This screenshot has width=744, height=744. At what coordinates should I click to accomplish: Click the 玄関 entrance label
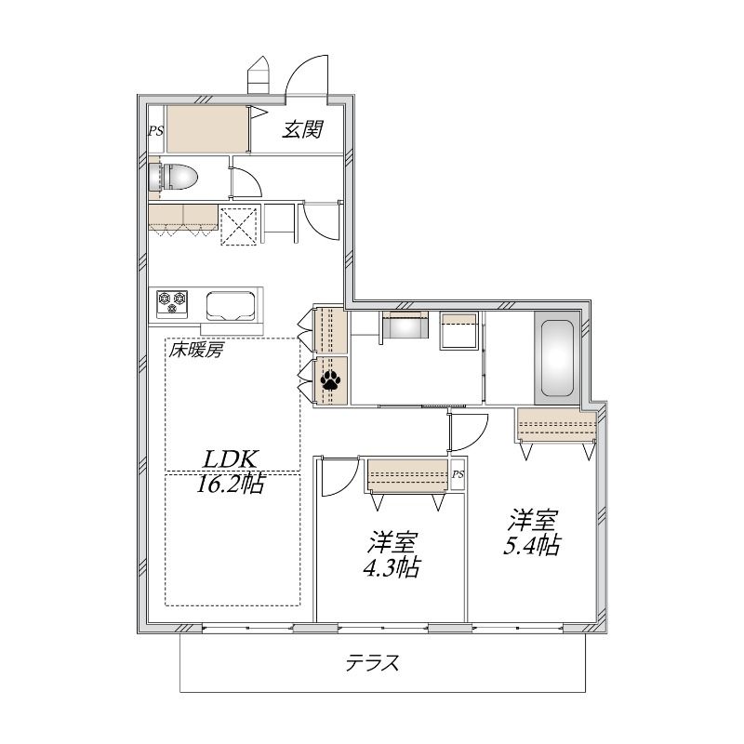[303, 129]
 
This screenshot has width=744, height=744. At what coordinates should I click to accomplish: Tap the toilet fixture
[173, 177]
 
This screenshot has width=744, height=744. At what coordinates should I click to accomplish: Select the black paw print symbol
[330, 380]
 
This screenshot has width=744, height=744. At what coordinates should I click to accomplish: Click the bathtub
[556, 358]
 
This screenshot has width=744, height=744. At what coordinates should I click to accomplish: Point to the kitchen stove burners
[172, 304]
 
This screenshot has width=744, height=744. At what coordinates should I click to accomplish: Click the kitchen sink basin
[231, 306]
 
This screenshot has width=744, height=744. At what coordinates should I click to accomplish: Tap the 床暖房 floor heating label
[195, 351]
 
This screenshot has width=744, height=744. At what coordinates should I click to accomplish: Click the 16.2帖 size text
[231, 484]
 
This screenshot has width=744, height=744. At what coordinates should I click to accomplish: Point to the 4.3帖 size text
[392, 567]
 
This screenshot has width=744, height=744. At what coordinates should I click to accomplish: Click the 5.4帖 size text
[532, 545]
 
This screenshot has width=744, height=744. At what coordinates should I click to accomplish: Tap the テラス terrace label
[373, 662]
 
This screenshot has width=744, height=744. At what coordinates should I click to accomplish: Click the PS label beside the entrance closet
[155, 131]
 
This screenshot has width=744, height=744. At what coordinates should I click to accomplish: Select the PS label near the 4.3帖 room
[458, 474]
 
